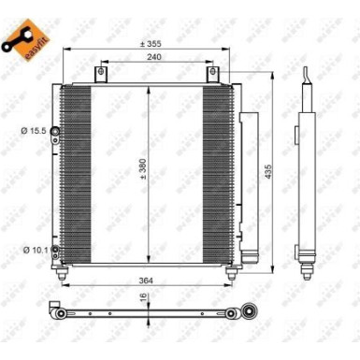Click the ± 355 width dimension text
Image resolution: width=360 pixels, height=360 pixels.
point(151,44)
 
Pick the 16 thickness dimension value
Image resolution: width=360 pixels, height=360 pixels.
point(142,297)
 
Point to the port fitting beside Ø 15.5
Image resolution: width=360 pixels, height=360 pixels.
point(56,130)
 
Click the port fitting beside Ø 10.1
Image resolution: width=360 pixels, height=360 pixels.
point(56,223)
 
